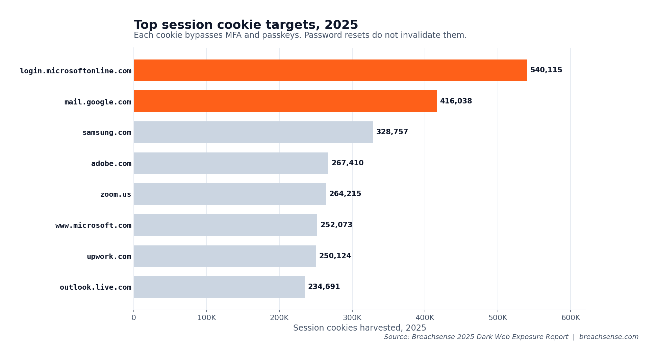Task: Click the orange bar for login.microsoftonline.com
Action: pyautogui.click(x=330, y=70)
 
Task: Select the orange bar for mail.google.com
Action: pyautogui.click(x=285, y=101)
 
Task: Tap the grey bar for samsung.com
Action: pyautogui.click(x=253, y=132)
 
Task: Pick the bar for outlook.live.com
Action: pyautogui.click(x=219, y=287)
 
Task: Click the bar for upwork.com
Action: pyautogui.click(x=225, y=256)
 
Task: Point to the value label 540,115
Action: pyautogui.click(x=546, y=70)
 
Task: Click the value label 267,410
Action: pyautogui.click(x=347, y=163)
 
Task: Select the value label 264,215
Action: pyautogui.click(x=345, y=194)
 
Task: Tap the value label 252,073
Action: pyautogui.click(x=336, y=225)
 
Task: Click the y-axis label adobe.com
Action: pyautogui.click(x=111, y=164)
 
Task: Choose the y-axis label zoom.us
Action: pyautogui.click(x=116, y=194)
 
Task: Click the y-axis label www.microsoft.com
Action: pyautogui.click(x=93, y=225)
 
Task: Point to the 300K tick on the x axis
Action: pyautogui.click(x=352, y=318)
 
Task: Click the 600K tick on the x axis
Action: pyautogui.click(x=570, y=318)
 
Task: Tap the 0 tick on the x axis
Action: pyautogui.click(x=134, y=318)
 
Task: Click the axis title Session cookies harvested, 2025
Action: pyautogui.click(x=359, y=328)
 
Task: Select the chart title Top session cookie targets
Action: pyautogui.click(x=246, y=25)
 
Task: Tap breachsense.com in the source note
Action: pyautogui.click(x=609, y=337)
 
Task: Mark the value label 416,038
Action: pyautogui.click(x=456, y=101)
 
